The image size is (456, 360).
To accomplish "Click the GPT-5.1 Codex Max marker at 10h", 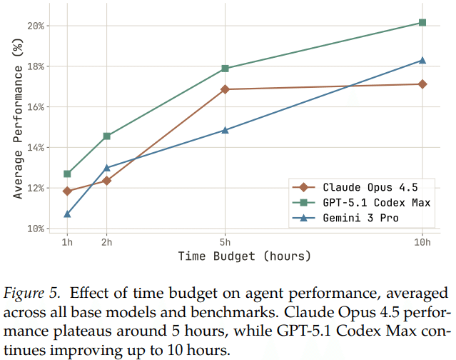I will [422, 23].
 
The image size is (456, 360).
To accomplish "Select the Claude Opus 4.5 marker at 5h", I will [226, 89].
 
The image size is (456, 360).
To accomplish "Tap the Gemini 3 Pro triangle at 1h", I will [67, 214].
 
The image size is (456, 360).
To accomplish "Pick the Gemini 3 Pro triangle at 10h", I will [422, 60].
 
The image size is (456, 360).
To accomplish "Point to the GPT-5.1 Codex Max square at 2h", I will [107, 136].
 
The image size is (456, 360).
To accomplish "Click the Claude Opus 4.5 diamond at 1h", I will [67, 191].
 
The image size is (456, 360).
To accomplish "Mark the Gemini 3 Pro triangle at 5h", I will [226, 130].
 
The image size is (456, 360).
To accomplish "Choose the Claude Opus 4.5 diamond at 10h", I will [422, 84].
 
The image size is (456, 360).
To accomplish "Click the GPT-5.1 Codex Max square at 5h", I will [226, 69].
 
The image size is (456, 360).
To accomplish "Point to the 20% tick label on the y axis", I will [36, 26].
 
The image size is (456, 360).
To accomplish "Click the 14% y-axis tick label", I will [36, 148].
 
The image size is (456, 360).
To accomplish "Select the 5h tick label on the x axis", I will [226, 241].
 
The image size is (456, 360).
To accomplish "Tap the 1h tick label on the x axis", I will [67, 241].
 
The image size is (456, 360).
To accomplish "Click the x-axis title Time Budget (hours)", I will [244, 256].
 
